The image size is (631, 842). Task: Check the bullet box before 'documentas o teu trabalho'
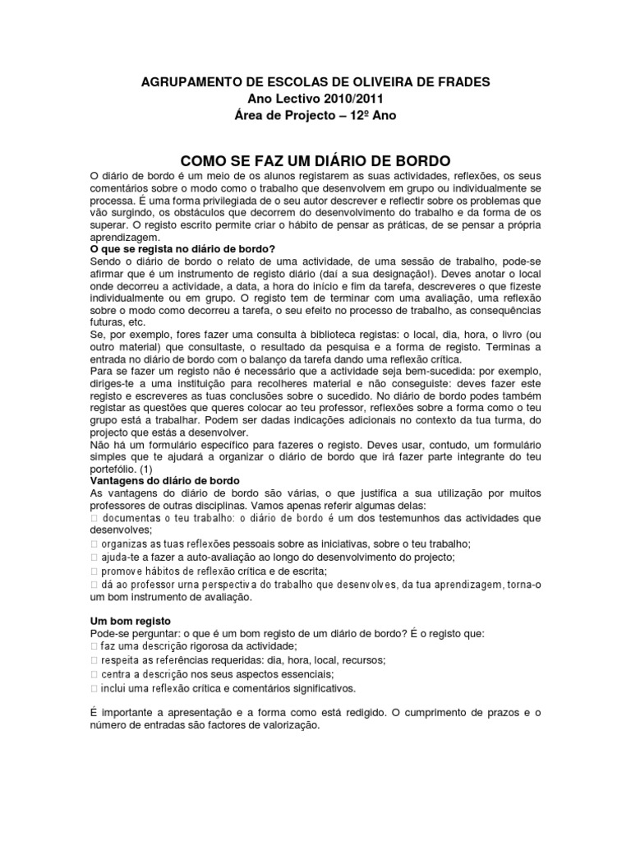93,519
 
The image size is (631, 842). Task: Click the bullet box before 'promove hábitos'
93,571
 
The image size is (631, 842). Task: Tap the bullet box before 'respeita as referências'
93,660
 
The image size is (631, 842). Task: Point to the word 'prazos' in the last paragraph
491,713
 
